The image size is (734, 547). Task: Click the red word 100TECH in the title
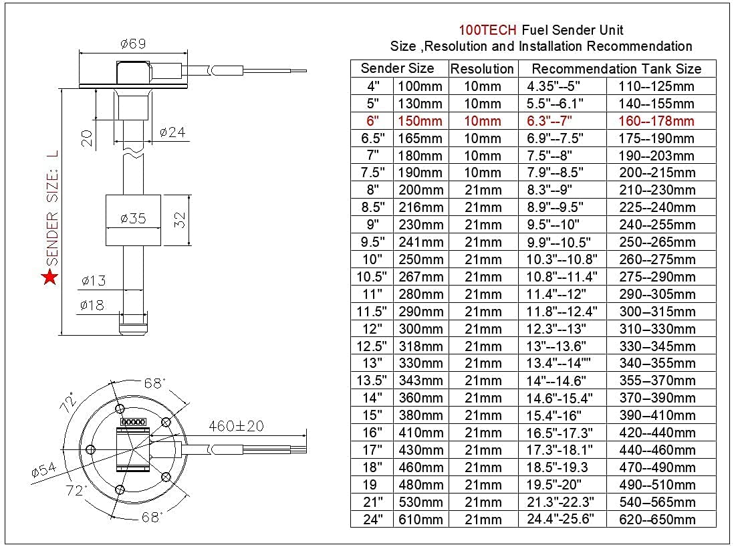coord(487,30)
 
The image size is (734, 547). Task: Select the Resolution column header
coord(482,69)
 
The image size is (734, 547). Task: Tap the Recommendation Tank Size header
coord(616,69)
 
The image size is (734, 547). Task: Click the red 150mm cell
coord(420,121)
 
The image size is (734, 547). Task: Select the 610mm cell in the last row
coord(420,520)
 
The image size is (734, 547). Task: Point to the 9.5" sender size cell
coord(372,242)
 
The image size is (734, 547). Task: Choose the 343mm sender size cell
coord(420,380)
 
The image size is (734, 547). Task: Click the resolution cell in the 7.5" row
coord(482,173)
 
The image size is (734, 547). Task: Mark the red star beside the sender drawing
coord(49,278)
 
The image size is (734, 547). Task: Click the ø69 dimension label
coord(133,44)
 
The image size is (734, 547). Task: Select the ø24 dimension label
coord(172,132)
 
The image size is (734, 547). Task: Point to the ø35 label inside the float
coord(132,219)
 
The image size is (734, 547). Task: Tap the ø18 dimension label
coord(92,306)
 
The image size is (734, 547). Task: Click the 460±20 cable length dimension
coord(237,425)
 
